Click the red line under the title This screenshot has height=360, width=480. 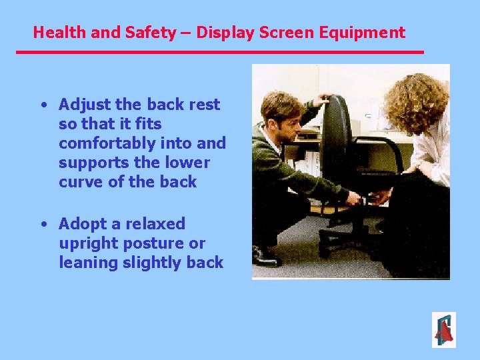click(x=220, y=52)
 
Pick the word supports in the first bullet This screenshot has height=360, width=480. click(x=91, y=163)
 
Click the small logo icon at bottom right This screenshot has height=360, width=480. click(x=443, y=330)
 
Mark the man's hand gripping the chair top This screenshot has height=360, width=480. click(x=325, y=100)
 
